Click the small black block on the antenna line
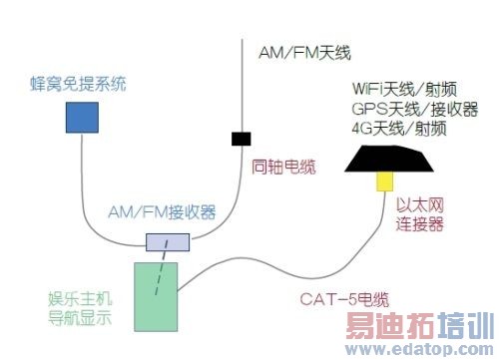click(x=241, y=137)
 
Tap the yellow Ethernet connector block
click(x=383, y=182)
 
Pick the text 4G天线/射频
click(x=398, y=129)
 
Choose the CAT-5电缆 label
click(x=344, y=297)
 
